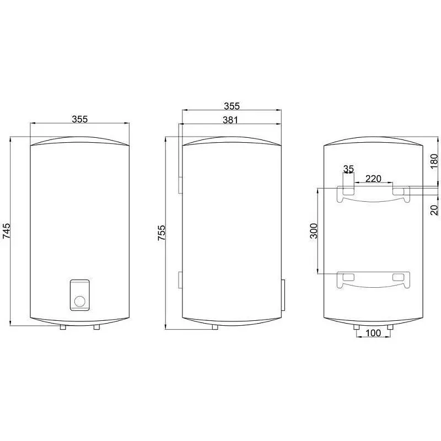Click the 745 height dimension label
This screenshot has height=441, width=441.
(6, 230)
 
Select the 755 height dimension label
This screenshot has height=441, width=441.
(162, 233)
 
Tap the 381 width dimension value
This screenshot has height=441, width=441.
(230, 120)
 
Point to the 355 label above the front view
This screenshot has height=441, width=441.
(80, 119)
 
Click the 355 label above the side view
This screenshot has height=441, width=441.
(232, 106)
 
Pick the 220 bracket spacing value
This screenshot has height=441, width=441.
(373, 179)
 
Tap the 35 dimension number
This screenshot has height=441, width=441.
(348, 169)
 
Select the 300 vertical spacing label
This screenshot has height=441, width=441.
(314, 230)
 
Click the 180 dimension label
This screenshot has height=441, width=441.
(434, 161)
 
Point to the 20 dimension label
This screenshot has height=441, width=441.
(434, 210)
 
